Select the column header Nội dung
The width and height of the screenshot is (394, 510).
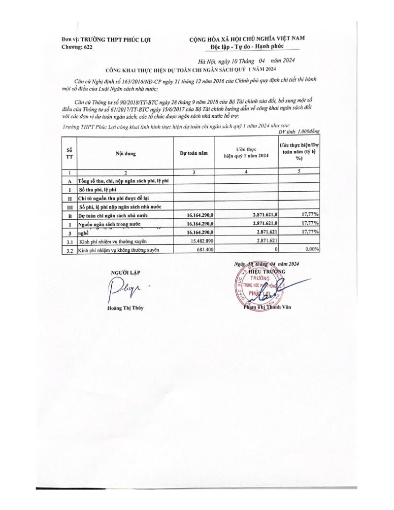[125, 153]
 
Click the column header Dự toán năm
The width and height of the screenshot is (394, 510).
[194, 153]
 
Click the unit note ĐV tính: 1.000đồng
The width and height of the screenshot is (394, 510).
[299, 132]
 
